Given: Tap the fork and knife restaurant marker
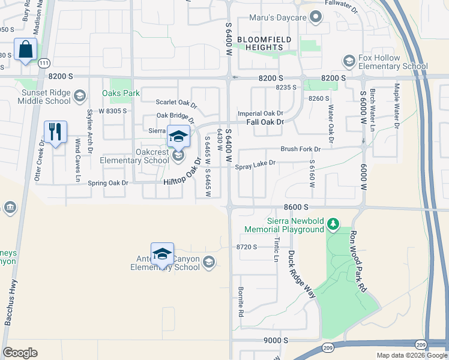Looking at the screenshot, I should (x=56, y=131).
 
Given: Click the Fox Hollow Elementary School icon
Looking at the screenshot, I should (x=349, y=61).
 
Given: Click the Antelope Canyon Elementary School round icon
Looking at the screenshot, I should (x=208, y=262).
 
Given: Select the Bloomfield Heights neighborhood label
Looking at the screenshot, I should (x=264, y=44).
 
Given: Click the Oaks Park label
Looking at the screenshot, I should (x=121, y=93).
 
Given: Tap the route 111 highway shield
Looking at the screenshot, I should (x=43, y=62).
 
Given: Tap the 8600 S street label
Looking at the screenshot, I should (x=297, y=207).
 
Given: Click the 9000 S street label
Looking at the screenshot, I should (x=277, y=340).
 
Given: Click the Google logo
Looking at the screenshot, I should (x=20, y=353).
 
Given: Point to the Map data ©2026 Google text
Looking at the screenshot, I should (x=411, y=355).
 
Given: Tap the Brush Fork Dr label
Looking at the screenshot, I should (x=300, y=149).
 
